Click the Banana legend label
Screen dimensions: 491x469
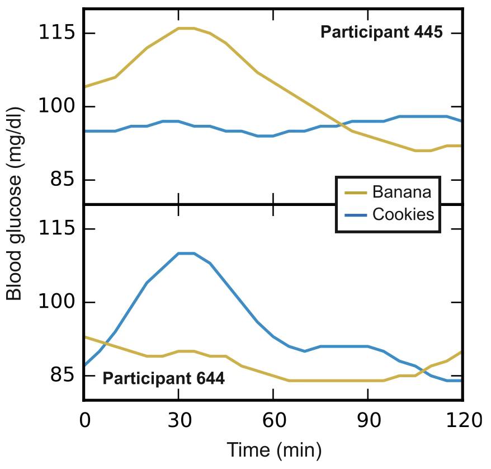(x=402, y=192)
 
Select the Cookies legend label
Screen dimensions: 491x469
(x=403, y=214)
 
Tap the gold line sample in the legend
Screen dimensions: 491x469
(x=356, y=193)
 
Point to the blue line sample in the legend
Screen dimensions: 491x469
(x=356, y=215)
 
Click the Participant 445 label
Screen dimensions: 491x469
(x=381, y=32)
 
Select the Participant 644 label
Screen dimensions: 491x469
(x=163, y=378)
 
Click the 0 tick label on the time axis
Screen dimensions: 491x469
(x=85, y=420)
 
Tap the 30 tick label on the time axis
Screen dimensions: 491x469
(x=179, y=420)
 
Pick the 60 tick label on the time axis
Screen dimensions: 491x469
(x=274, y=420)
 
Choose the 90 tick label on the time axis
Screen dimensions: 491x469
(x=369, y=420)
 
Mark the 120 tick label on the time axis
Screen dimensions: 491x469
(x=464, y=420)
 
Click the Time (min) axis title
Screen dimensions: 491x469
(x=274, y=450)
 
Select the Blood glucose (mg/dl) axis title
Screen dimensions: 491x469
(x=14, y=204)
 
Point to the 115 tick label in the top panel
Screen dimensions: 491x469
(x=56, y=32)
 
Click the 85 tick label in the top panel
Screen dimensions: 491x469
(x=63, y=179)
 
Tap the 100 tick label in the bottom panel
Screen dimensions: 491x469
(x=56, y=302)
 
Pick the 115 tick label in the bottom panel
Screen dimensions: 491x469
(x=56, y=228)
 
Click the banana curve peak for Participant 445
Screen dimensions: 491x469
(x=187, y=28)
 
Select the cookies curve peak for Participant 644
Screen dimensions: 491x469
(x=187, y=253)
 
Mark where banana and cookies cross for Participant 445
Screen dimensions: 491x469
(x=341, y=125)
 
